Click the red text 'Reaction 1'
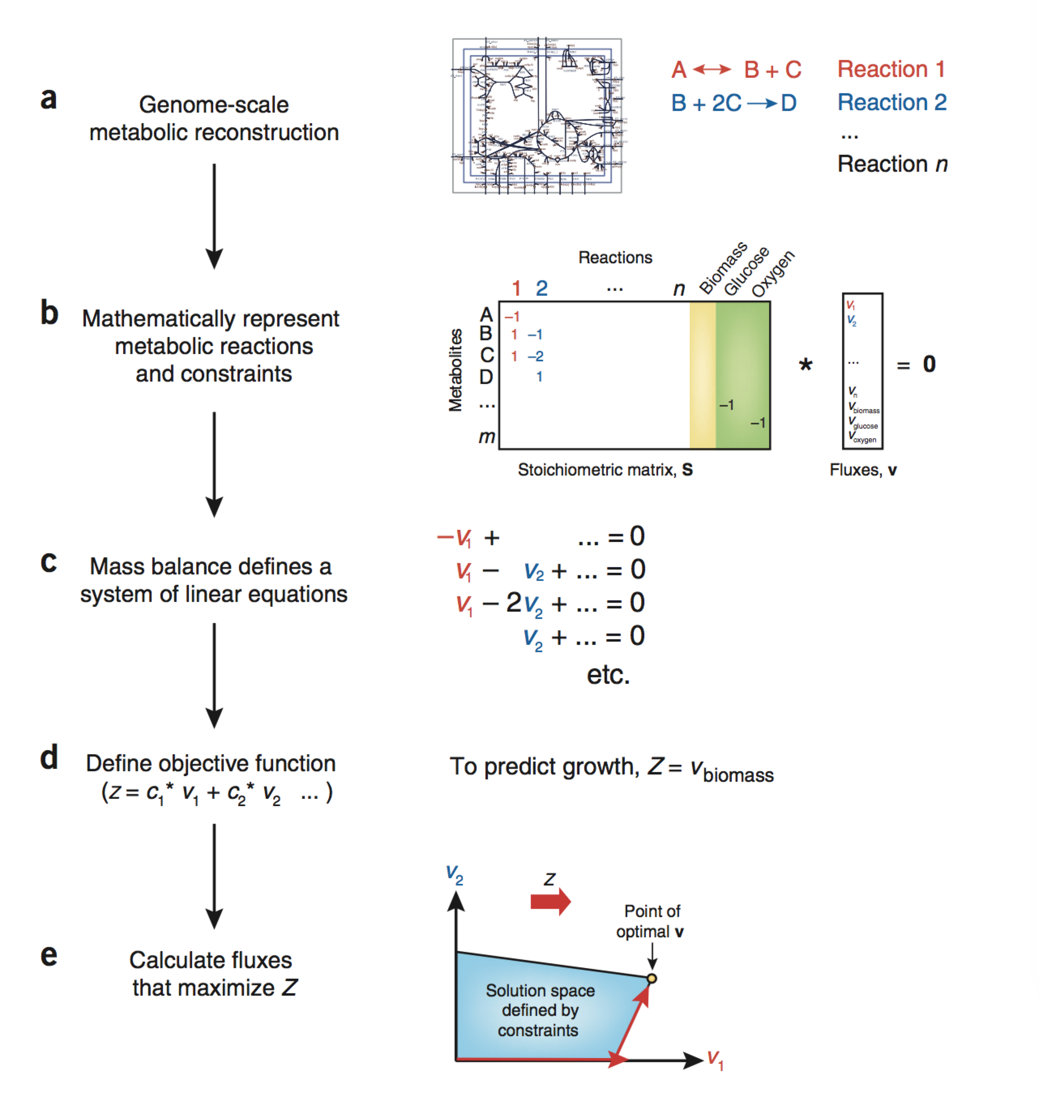[x=891, y=69]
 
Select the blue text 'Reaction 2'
[x=891, y=102]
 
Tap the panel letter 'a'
[x=49, y=98]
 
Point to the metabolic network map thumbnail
[x=537, y=116]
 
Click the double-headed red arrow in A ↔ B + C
[x=712, y=70]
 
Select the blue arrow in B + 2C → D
[x=762, y=103]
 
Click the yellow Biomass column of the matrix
[x=702, y=376]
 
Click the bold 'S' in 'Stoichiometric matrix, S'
[x=687, y=470]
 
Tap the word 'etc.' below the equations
[x=608, y=675]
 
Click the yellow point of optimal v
[x=652, y=979]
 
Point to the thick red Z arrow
[x=550, y=902]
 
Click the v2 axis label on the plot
[x=454, y=875]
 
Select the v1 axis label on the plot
[x=715, y=1059]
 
